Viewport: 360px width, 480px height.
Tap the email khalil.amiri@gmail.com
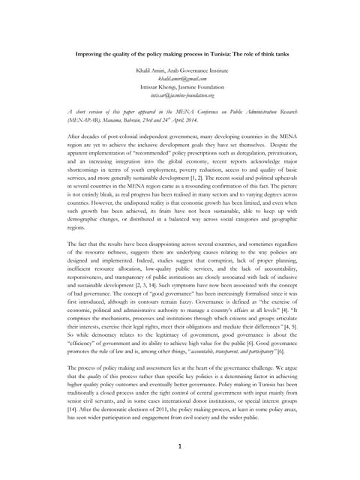click(180, 78)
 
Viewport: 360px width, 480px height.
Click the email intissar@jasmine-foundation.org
click(180, 95)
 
